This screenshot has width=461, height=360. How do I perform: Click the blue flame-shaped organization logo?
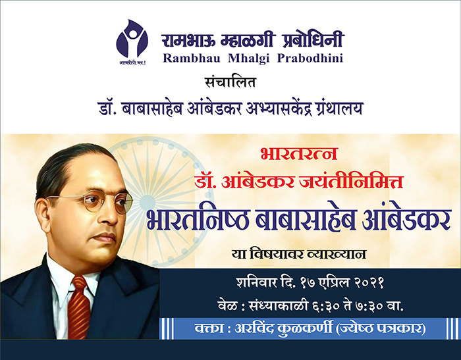click(x=132, y=39)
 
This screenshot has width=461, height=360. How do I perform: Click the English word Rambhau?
click(x=192, y=58)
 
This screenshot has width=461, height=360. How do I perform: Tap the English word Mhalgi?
click(x=249, y=58)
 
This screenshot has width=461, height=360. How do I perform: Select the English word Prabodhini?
click(x=310, y=58)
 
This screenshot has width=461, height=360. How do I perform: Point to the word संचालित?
click(x=230, y=82)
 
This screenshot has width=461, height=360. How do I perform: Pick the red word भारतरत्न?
click(x=299, y=153)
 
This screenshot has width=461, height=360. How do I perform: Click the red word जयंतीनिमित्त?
click(x=351, y=181)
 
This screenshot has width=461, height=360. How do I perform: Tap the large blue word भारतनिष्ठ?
click(x=198, y=219)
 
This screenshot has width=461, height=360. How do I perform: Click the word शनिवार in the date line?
click(x=256, y=283)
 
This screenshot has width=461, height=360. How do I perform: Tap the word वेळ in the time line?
click(x=228, y=305)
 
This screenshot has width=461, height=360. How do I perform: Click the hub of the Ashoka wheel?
click(x=147, y=203)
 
